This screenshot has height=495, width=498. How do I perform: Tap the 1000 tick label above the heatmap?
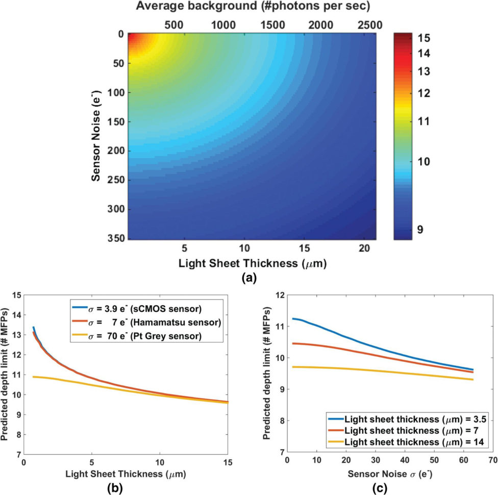click(223, 25)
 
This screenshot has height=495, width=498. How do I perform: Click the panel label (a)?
click(249, 278)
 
